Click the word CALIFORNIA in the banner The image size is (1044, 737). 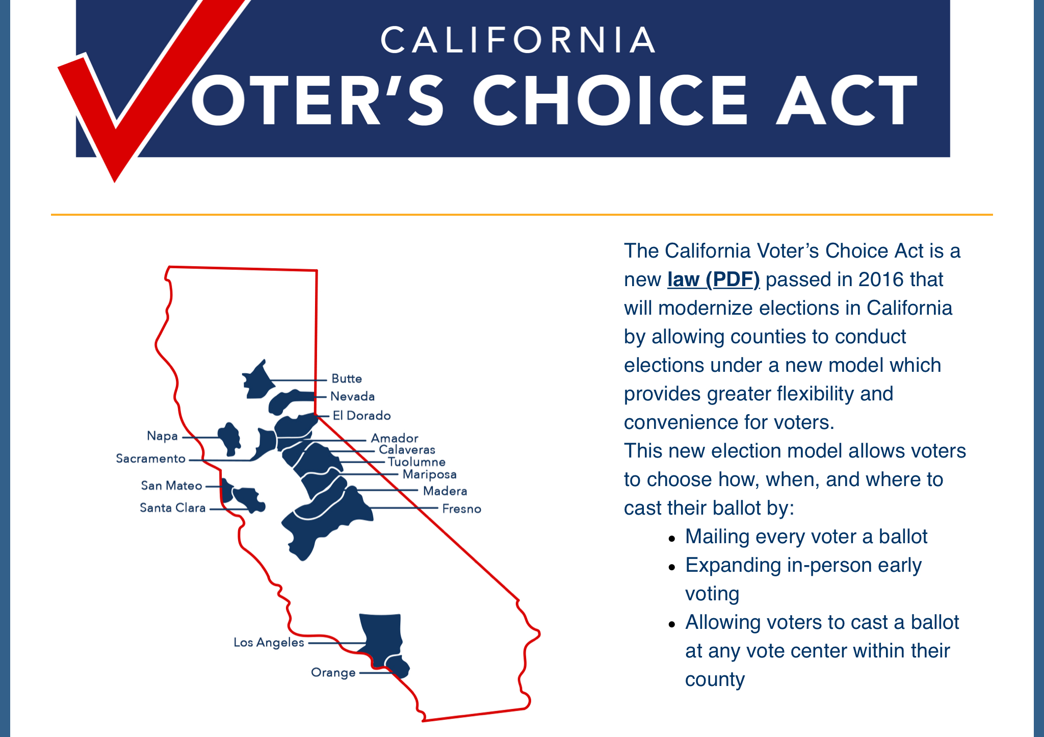[518, 40]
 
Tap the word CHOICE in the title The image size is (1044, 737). [611, 100]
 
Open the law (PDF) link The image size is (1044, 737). [713, 279]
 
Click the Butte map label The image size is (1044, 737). [347, 378]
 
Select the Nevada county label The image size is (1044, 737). [352, 396]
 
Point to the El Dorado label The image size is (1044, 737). [361, 416]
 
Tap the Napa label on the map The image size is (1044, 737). [162, 436]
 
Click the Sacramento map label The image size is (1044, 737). [150, 459]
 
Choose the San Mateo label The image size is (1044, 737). [171, 486]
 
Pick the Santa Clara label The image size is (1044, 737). [172, 508]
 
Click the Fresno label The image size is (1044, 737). [461, 509]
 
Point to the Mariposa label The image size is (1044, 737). [429, 475]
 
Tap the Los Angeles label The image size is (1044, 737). [269, 643]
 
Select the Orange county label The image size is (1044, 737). [333, 673]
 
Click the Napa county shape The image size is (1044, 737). [230, 439]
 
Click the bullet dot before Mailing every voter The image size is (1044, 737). [672, 538]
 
